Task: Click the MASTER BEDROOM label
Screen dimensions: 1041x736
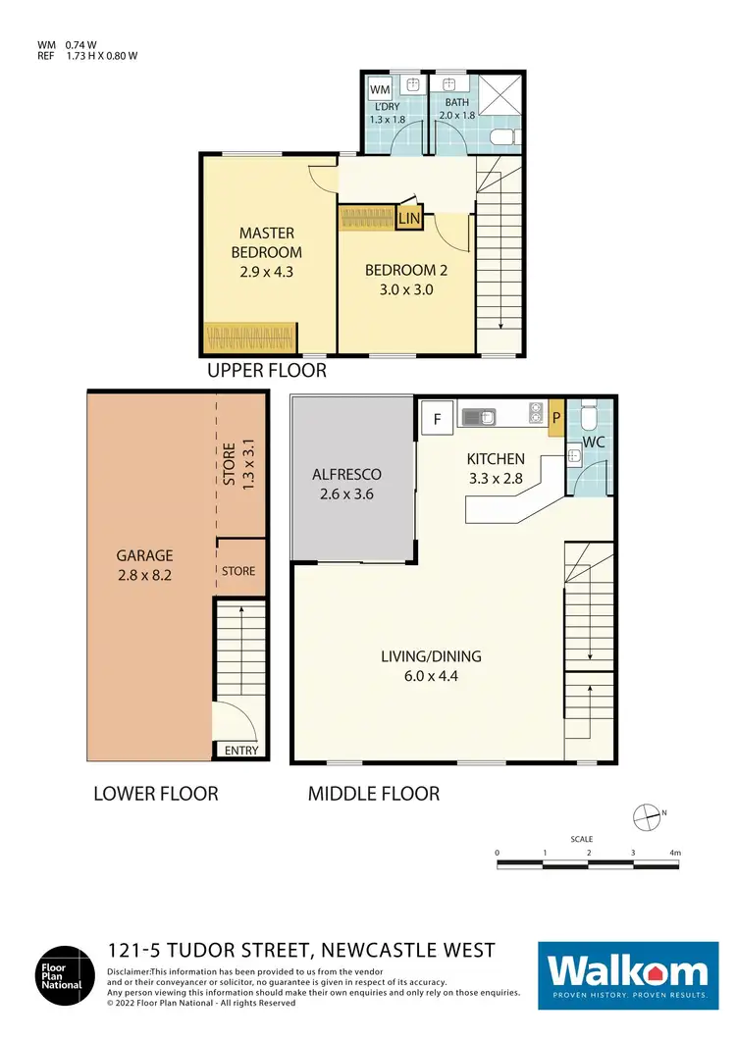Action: [267, 241]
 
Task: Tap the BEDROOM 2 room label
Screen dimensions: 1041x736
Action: [399, 271]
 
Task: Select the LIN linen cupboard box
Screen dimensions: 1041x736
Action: [409, 219]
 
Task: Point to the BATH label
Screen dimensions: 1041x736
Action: [457, 102]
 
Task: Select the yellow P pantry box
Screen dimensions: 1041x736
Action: [555, 417]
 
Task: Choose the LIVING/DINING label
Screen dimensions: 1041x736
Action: [431, 656]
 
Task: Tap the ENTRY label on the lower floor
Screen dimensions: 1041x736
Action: [241, 751]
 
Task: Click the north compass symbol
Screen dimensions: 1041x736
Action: [646, 814]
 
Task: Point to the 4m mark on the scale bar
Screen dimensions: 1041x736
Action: [675, 854]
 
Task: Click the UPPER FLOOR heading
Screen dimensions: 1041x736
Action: [266, 371]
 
